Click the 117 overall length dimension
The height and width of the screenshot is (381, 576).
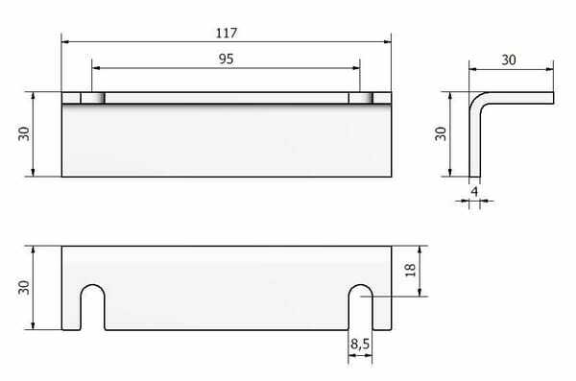(227, 32)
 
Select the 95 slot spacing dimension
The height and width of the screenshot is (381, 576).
(227, 59)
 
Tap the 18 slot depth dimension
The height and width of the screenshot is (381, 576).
(410, 270)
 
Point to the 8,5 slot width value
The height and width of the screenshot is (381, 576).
(360, 342)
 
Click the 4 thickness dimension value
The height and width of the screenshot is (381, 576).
(475, 191)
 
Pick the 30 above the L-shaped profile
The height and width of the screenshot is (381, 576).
(510, 59)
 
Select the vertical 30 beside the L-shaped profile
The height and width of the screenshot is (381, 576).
(441, 133)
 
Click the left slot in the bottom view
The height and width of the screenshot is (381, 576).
(92, 307)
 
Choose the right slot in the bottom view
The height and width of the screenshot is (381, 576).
(360, 307)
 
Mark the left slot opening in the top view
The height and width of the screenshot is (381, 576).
(92, 98)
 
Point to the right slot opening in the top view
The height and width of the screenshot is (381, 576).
(360, 98)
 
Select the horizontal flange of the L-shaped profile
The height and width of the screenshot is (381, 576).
(518, 97)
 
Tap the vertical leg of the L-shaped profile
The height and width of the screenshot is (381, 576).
(474, 144)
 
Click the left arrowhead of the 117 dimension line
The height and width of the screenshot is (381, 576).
(66, 41)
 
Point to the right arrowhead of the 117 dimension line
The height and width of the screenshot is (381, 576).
(388, 41)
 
